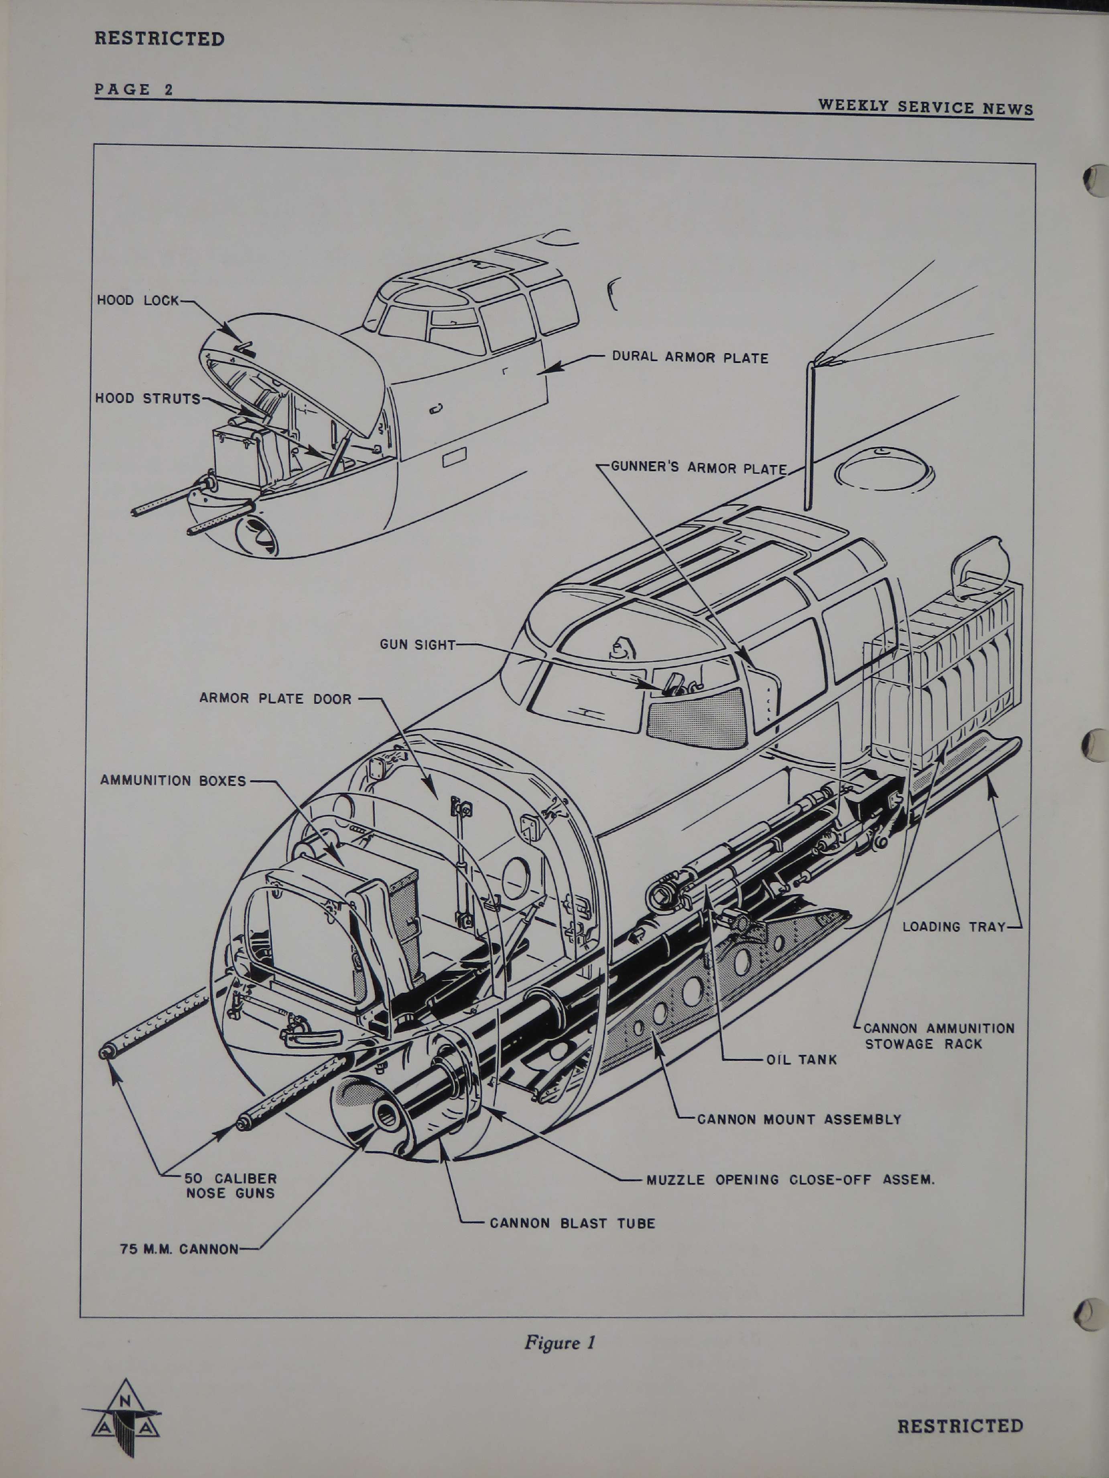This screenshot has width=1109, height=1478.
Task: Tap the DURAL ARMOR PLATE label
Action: [690, 358]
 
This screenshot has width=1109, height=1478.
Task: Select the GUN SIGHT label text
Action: [418, 645]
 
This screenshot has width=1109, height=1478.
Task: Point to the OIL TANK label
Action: [802, 1060]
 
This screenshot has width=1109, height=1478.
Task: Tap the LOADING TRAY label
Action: [954, 927]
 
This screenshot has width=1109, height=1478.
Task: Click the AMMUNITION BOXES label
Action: [173, 780]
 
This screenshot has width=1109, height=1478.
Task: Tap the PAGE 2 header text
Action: [134, 89]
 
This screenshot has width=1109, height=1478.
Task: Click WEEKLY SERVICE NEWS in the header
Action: [925, 107]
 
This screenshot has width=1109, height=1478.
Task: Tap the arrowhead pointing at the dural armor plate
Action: [550, 366]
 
